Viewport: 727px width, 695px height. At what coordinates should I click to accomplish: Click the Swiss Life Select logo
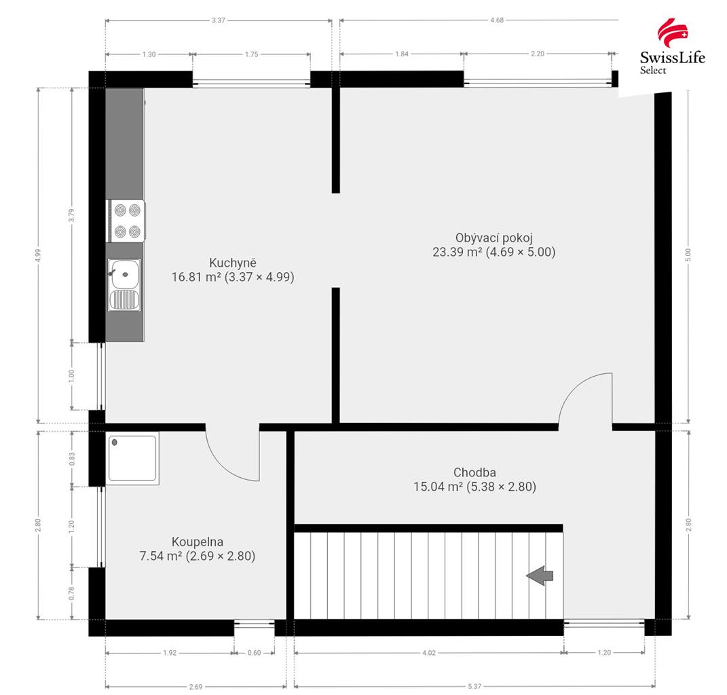tap(672, 46)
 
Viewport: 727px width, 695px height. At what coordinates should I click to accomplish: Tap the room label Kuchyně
tap(233, 263)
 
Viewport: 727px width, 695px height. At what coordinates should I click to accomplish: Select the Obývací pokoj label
tap(493, 238)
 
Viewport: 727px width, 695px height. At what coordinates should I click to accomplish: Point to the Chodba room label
tap(474, 472)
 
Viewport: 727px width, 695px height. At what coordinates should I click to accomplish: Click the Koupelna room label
tap(198, 542)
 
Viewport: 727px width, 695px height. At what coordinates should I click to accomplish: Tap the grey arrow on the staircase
tap(540, 576)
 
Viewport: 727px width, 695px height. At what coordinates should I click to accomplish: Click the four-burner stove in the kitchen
tap(126, 221)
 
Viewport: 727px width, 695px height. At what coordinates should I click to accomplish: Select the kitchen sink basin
tap(124, 274)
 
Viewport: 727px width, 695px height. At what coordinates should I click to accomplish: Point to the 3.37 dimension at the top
tap(219, 20)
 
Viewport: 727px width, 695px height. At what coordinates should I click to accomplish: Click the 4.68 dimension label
tap(497, 20)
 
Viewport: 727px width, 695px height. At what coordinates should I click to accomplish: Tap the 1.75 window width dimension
tap(251, 54)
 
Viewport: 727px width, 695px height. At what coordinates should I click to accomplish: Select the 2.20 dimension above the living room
tap(538, 54)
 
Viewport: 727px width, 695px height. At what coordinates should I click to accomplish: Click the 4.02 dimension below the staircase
tap(429, 653)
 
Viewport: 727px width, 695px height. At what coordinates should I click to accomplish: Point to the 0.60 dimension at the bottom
tap(254, 653)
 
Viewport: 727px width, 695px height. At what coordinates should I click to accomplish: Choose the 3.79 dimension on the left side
tap(71, 215)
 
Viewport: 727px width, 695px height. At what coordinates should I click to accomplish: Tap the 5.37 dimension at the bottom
tap(474, 687)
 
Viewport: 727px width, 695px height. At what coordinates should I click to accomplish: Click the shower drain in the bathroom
tap(115, 443)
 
